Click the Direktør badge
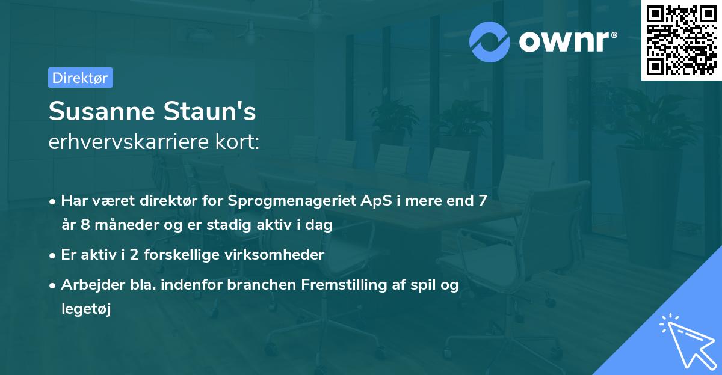(x=80, y=78)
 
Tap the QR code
(x=681, y=40)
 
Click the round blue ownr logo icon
(x=490, y=42)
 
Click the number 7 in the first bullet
(x=483, y=201)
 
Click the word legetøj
(x=86, y=309)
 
